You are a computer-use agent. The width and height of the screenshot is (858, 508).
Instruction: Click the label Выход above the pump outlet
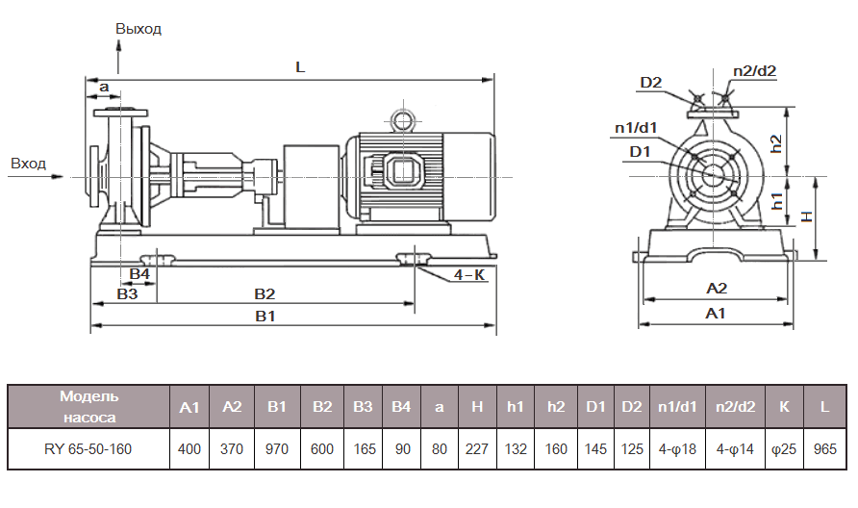pyautogui.click(x=139, y=29)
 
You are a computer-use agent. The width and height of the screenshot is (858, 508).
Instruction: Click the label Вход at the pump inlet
pyautogui.click(x=28, y=164)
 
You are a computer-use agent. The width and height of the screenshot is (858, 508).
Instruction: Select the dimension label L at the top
pyautogui.click(x=300, y=68)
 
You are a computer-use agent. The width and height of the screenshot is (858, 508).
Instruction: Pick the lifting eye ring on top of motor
pyautogui.click(x=400, y=119)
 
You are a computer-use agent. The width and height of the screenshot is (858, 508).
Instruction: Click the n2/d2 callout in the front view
pyautogui.click(x=754, y=70)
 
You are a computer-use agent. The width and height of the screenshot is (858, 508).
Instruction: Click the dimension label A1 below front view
pyautogui.click(x=716, y=313)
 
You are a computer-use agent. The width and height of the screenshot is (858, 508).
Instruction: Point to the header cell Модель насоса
pyautogui.click(x=88, y=407)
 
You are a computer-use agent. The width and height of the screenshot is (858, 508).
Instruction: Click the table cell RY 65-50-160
pyautogui.click(x=88, y=448)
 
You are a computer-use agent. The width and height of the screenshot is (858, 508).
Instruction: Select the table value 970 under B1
pyautogui.click(x=277, y=448)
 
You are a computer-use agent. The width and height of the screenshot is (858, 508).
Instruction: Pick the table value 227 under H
pyautogui.click(x=477, y=448)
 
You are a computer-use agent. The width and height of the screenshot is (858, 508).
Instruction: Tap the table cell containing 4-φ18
pyautogui.click(x=678, y=448)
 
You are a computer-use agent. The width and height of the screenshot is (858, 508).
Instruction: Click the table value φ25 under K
pyautogui.click(x=784, y=448)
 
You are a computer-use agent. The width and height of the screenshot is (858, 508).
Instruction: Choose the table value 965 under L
pyautogui.click(x=824, y=448)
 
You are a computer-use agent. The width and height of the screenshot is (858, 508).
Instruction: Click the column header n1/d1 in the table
pyautogui.click(x=678, y=407)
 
